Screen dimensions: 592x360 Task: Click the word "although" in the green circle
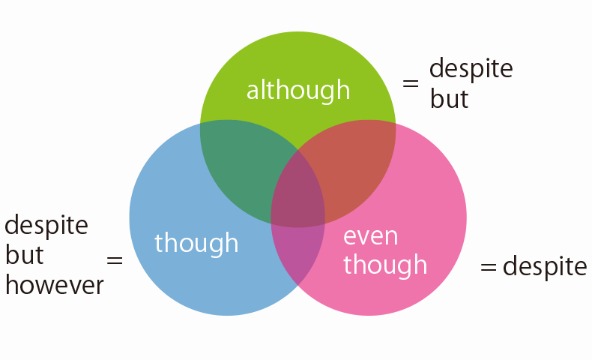tap(298, 91)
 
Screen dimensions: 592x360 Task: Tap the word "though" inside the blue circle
tap(196, 243)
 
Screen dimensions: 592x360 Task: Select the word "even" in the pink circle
tap(370, 237)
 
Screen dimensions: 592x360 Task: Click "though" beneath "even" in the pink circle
tap(385, 265)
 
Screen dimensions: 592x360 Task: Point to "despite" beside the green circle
tap(471, 69)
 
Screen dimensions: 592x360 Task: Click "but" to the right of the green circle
tap(449, 99)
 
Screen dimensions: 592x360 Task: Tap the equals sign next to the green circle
tap(411, 83)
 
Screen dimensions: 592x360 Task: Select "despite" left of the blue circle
tap(46, 226)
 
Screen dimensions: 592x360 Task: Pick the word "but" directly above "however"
tap(25, 255)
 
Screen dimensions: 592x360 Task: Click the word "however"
tap(55, 284)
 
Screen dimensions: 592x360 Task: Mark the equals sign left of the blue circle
tap(115, 260)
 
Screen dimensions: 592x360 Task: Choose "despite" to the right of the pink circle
tap(545, 267)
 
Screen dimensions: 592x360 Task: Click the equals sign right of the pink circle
tap(488, 267)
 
